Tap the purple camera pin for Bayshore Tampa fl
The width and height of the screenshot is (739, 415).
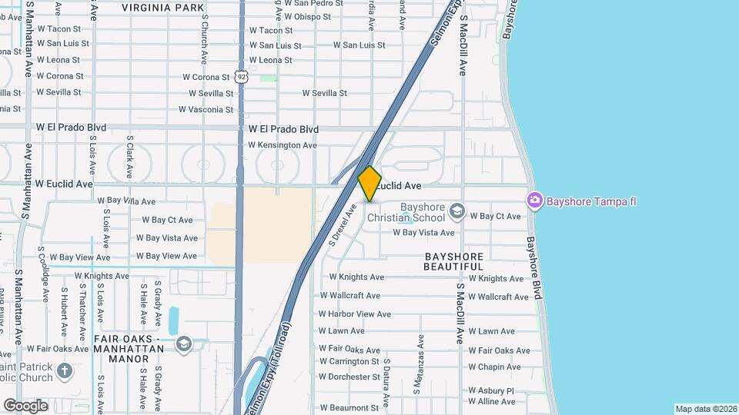(534, 201)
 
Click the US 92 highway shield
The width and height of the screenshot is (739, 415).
(242, 77)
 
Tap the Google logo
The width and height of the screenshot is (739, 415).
(25, 405)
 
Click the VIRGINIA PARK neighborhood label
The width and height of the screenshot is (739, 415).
(162, 8)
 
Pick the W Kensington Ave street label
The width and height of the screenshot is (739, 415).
(282, 145)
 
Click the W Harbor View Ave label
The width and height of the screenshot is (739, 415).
(355, 314)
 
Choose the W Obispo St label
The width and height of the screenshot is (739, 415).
(301, 17)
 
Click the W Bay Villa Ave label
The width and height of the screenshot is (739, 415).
(125, 201)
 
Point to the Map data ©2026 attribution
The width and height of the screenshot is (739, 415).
(705, 409)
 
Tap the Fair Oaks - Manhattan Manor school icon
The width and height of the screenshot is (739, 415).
(183, 343)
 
